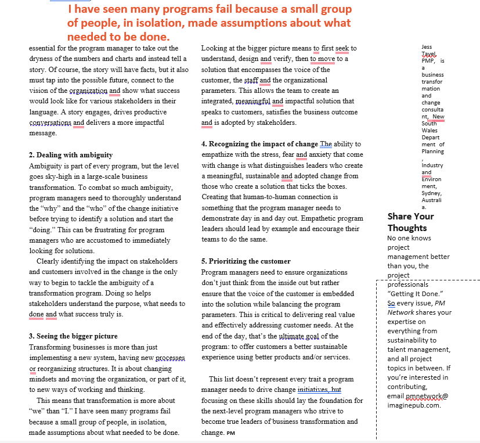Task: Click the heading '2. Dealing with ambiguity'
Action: tap(71, 155)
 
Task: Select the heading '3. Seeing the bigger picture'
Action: tap(73, 336)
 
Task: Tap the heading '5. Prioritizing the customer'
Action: tap(246, 261)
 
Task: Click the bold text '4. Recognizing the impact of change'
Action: tap(259, 144)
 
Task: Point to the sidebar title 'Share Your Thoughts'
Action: tap(410, 222)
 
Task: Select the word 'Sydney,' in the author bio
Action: tap(432, 193)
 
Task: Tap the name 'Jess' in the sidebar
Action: tap(427, 46)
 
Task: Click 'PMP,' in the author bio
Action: tap(428, 60)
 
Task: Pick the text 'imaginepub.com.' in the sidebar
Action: tap(414, 405)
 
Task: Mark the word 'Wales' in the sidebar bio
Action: tap(430, 131)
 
